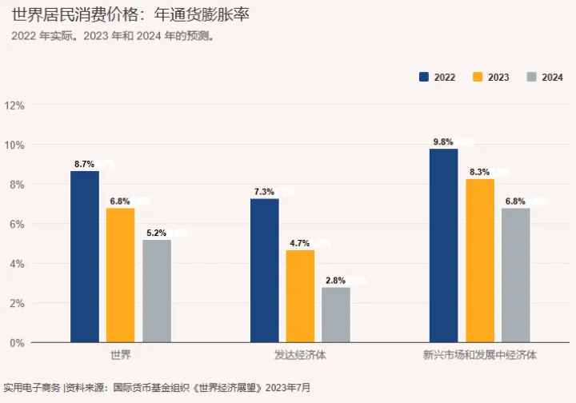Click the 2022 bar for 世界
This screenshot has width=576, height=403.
pos(85,257)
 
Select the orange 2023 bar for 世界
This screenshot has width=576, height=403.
pos(121,275)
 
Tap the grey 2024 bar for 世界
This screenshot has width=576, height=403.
pos(157,291)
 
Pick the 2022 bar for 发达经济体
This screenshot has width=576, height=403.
pos(265,270)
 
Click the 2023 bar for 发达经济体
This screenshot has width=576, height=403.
pos(301,296)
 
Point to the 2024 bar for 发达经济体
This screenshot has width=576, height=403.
pos(336,315)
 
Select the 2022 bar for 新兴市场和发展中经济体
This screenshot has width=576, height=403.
pos(444,245)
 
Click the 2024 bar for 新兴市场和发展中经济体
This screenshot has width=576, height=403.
pos(516,275)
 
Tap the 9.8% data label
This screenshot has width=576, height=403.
pos(443,142)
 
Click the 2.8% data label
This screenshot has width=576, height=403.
pos(335,281)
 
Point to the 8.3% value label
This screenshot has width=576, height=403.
pos(480,172)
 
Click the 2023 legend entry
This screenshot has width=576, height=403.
pos(491,78)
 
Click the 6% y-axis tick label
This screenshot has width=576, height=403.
pos(17,224)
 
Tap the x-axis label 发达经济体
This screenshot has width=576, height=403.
pos(301,354)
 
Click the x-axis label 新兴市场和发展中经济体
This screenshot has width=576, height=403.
pos(480,354)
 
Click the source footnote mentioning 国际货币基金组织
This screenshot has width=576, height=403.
pos(156,388)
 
